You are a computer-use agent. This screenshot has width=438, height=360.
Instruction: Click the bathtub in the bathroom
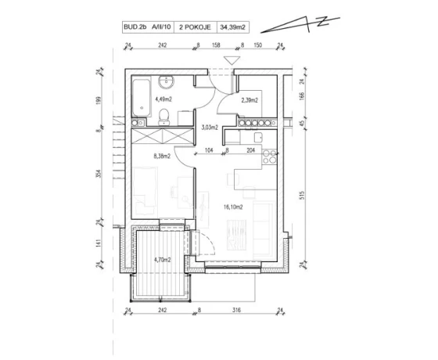coord(142,98)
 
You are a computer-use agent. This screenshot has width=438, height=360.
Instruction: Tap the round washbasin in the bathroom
coord(166,81)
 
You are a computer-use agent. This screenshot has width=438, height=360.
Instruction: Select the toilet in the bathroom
coord(163,117)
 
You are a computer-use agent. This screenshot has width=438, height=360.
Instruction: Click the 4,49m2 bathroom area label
coord(163,99)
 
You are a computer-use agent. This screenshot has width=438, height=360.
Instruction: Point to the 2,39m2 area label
coord(250,100)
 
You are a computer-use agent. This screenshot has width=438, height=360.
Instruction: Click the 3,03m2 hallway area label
coord(210,128)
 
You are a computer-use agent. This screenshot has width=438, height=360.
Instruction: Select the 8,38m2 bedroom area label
coord(162,157)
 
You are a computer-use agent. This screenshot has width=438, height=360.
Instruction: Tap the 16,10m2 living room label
coord(233,207)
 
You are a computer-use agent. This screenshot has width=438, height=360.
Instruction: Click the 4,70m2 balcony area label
coord(163,260)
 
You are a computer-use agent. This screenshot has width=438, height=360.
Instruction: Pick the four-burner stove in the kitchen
coord(269,157)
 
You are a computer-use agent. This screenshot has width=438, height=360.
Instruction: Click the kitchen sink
coord(258,137)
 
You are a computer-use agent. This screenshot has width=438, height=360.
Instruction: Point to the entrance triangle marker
coord(232,61)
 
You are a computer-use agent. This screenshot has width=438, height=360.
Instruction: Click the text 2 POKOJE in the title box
coord(195,27)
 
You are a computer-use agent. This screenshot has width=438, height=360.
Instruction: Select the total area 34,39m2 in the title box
coord(233,27)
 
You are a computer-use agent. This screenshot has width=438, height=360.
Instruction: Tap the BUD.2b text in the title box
coord(135,27)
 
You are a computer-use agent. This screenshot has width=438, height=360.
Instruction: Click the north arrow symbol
coord(300,25)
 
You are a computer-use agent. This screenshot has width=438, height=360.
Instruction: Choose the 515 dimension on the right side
coord(301,195)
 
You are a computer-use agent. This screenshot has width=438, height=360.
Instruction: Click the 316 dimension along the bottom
coord(236,310)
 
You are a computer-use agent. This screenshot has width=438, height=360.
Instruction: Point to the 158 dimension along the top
coord(216,45)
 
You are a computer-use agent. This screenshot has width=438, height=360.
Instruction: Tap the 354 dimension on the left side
coord(99,174)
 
